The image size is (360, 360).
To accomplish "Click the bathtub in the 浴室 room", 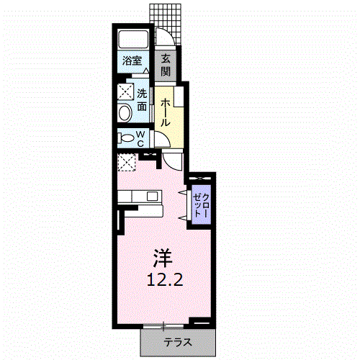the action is [133, 40].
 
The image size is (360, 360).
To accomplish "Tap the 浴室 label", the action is [132, 60].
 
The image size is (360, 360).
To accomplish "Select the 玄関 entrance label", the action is [166, 65].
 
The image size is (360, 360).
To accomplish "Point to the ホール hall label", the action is [166, 112].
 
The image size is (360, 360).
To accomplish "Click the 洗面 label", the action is [142, 100].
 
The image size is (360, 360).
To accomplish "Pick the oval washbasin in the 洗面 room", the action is [125, 113].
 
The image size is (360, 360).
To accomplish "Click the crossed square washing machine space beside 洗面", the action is [125, 91].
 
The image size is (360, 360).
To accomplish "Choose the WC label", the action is [140, 139].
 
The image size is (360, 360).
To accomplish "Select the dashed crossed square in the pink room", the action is [127, 163].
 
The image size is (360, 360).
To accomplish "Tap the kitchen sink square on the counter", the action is [152, 197].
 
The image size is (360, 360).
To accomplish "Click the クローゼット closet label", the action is [202, 205].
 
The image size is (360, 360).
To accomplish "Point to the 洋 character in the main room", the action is [163, 258].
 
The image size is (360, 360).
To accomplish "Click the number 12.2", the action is [165, 279].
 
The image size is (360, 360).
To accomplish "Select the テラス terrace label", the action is [178, 342].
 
